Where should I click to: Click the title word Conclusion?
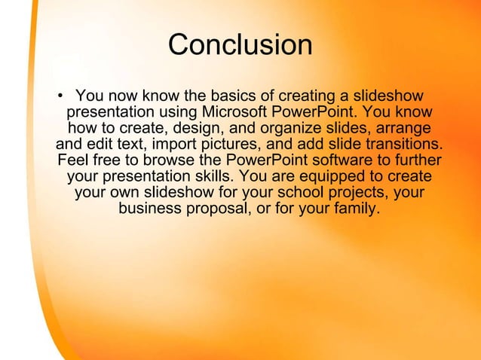[x=240, y=45]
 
